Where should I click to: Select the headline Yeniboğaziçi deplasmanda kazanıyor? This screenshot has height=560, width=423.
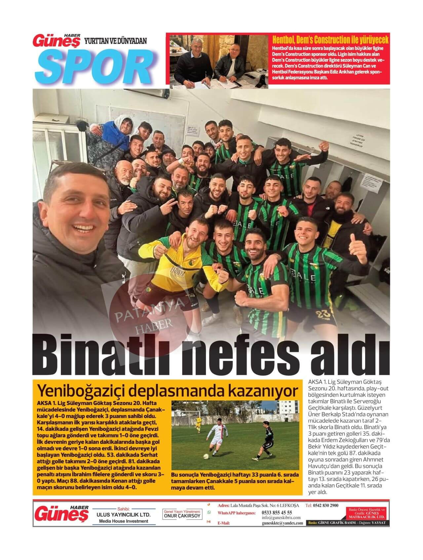click(x=169, y=390)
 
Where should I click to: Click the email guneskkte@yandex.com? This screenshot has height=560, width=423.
click(x=282, y=523)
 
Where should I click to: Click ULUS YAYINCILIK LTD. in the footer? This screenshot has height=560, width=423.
click(x=123, y=515)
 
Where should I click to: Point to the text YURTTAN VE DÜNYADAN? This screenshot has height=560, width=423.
click(x=116, y=41)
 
